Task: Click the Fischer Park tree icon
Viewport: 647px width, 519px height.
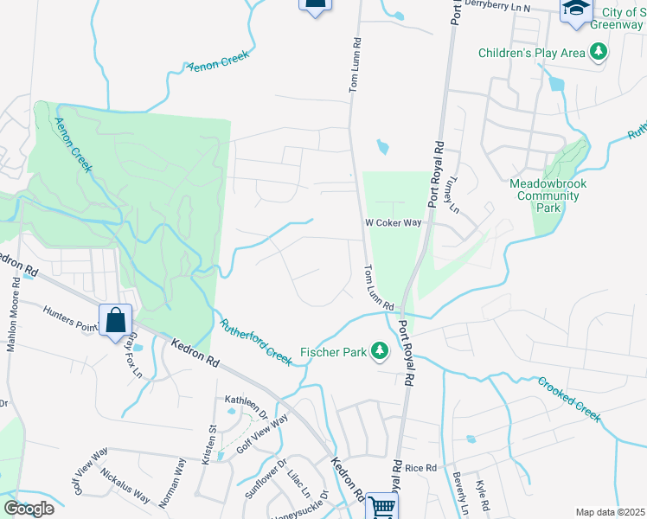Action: [378, 350]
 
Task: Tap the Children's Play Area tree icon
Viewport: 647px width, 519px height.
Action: [597, 53]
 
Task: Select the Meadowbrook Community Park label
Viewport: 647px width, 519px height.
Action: [544, 195]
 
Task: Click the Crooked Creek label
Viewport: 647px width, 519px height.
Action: [568, 399]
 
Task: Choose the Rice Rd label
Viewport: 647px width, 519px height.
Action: [421, 468]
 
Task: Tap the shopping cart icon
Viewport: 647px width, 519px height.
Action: [381, 506]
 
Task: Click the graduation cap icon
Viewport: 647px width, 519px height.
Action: [575, 10]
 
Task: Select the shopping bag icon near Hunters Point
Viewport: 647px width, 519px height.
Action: [115, 320]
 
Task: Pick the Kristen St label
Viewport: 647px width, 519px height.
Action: [208, 445]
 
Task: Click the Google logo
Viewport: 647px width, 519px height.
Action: [29, 509]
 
